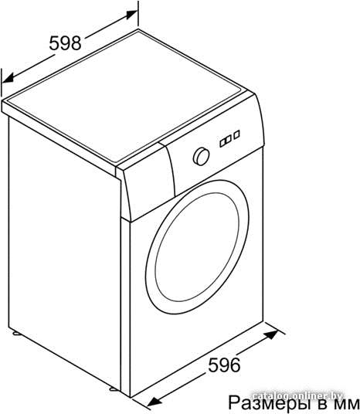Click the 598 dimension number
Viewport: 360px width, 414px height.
click(65, 43)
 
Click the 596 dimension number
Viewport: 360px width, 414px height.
click(224, 365)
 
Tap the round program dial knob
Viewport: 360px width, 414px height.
click(202, 157)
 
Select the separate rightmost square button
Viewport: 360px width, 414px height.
click(237, 134)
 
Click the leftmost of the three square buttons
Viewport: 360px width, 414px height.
click(223, 143)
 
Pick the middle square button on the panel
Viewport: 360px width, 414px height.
click(228, 139)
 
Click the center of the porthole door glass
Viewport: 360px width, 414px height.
click(197, 247)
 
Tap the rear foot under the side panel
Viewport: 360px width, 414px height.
click(17, 333)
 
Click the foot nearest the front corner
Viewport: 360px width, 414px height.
click(114, 389)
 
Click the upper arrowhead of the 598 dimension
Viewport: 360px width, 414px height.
click(131, 15)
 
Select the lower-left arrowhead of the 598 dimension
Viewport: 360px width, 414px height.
click(8, 78)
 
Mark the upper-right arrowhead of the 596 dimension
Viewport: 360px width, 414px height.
click(271, 334)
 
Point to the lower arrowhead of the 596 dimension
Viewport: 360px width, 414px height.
click(155, 402)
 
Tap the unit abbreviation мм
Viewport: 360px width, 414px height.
click(348, 405)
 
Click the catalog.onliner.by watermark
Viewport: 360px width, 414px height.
click(297, 395)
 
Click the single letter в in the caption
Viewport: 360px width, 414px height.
click(324, 405)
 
